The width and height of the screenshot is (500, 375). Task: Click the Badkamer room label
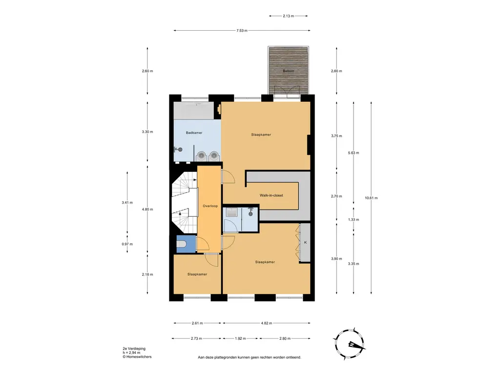(194, 133)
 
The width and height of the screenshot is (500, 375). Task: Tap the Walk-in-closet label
(271, 195)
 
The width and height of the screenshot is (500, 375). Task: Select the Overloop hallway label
(210, 206)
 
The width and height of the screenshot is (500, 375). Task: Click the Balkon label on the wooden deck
(288, 71)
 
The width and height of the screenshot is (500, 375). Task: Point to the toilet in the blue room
(181, 245)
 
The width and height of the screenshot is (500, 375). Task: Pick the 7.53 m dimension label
(242, 31)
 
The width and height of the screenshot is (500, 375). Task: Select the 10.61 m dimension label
(371, 198)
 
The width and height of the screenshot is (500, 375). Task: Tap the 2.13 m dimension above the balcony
(288, 16)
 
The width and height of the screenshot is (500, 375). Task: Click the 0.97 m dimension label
(127, 244)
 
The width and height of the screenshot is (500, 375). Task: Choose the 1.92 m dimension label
(240, 339)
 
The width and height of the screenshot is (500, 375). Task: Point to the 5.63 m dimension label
(354, 153)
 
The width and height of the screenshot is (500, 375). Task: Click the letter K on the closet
(305, 243)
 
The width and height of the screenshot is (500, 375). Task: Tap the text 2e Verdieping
(134, 349)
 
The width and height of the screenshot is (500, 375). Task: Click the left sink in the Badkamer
(201, 156)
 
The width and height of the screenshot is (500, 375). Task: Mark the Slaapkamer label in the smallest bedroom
(197, 274)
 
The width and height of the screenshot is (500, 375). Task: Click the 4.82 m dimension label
(266, 323)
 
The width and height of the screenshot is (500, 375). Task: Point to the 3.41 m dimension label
(127, 203)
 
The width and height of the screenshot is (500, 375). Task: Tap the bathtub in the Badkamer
(193, 111)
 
